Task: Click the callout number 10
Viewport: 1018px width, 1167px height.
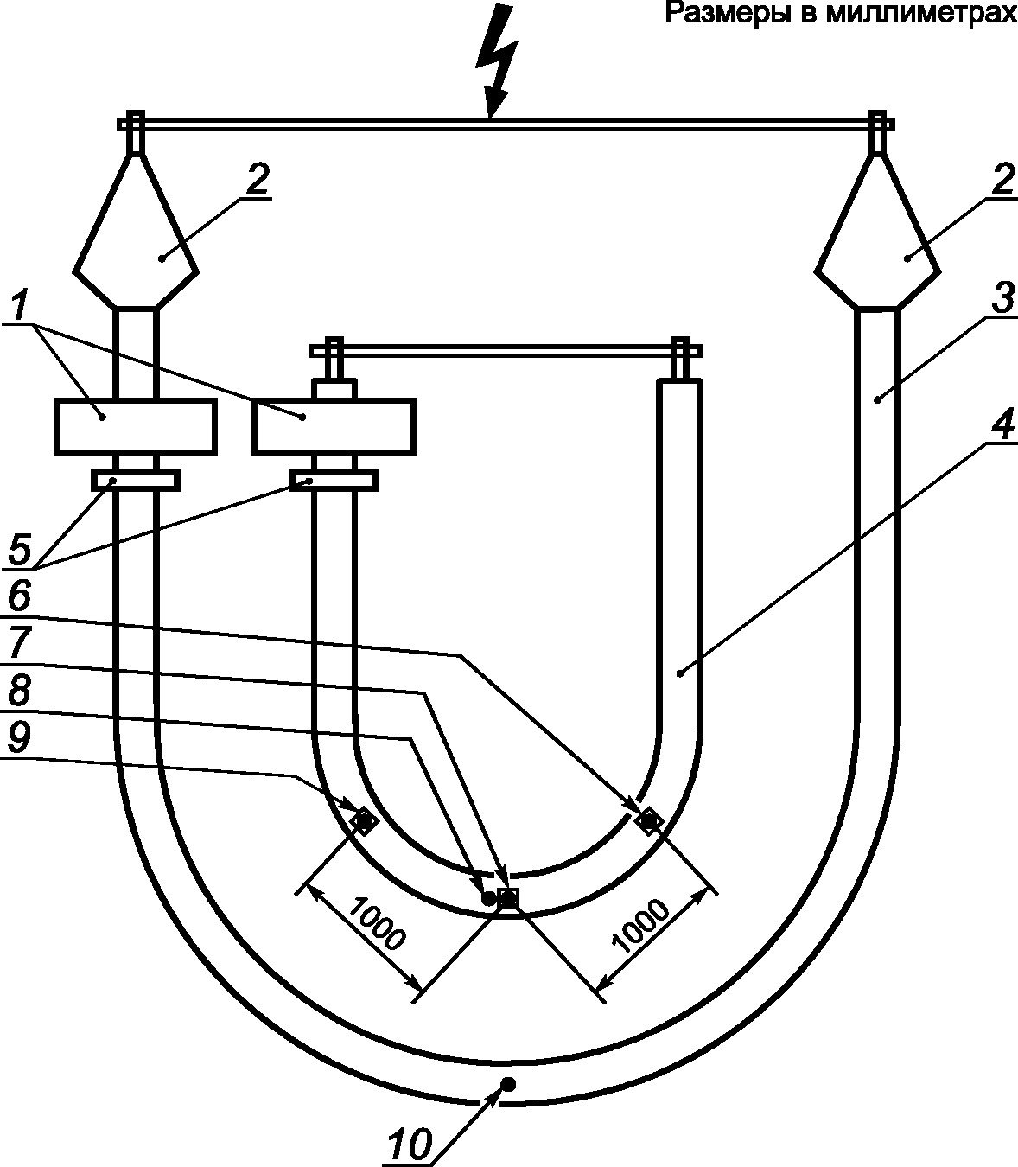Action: tap(409, 1144)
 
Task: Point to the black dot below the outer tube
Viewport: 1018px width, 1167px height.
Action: tap(508, 1084)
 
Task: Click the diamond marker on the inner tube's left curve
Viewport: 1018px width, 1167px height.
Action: tap(364, 820)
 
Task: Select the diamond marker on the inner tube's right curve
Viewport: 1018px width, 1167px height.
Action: tap(648, 820)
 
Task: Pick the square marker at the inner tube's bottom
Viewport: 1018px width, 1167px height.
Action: tap(508, 899)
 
